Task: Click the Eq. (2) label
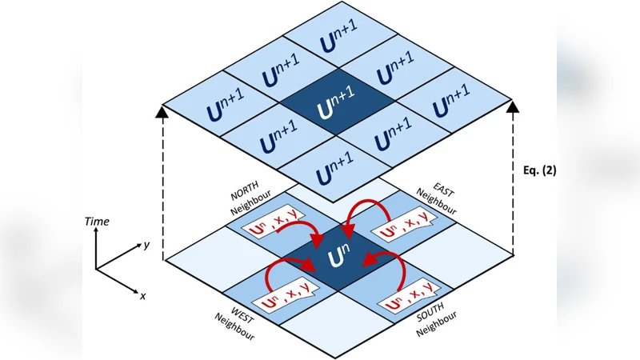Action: [x=536, y=170]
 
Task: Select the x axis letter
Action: [x=142, y=296]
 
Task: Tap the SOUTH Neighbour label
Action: [x=435, y=324]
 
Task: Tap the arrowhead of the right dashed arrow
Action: [x=512, y=113]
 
